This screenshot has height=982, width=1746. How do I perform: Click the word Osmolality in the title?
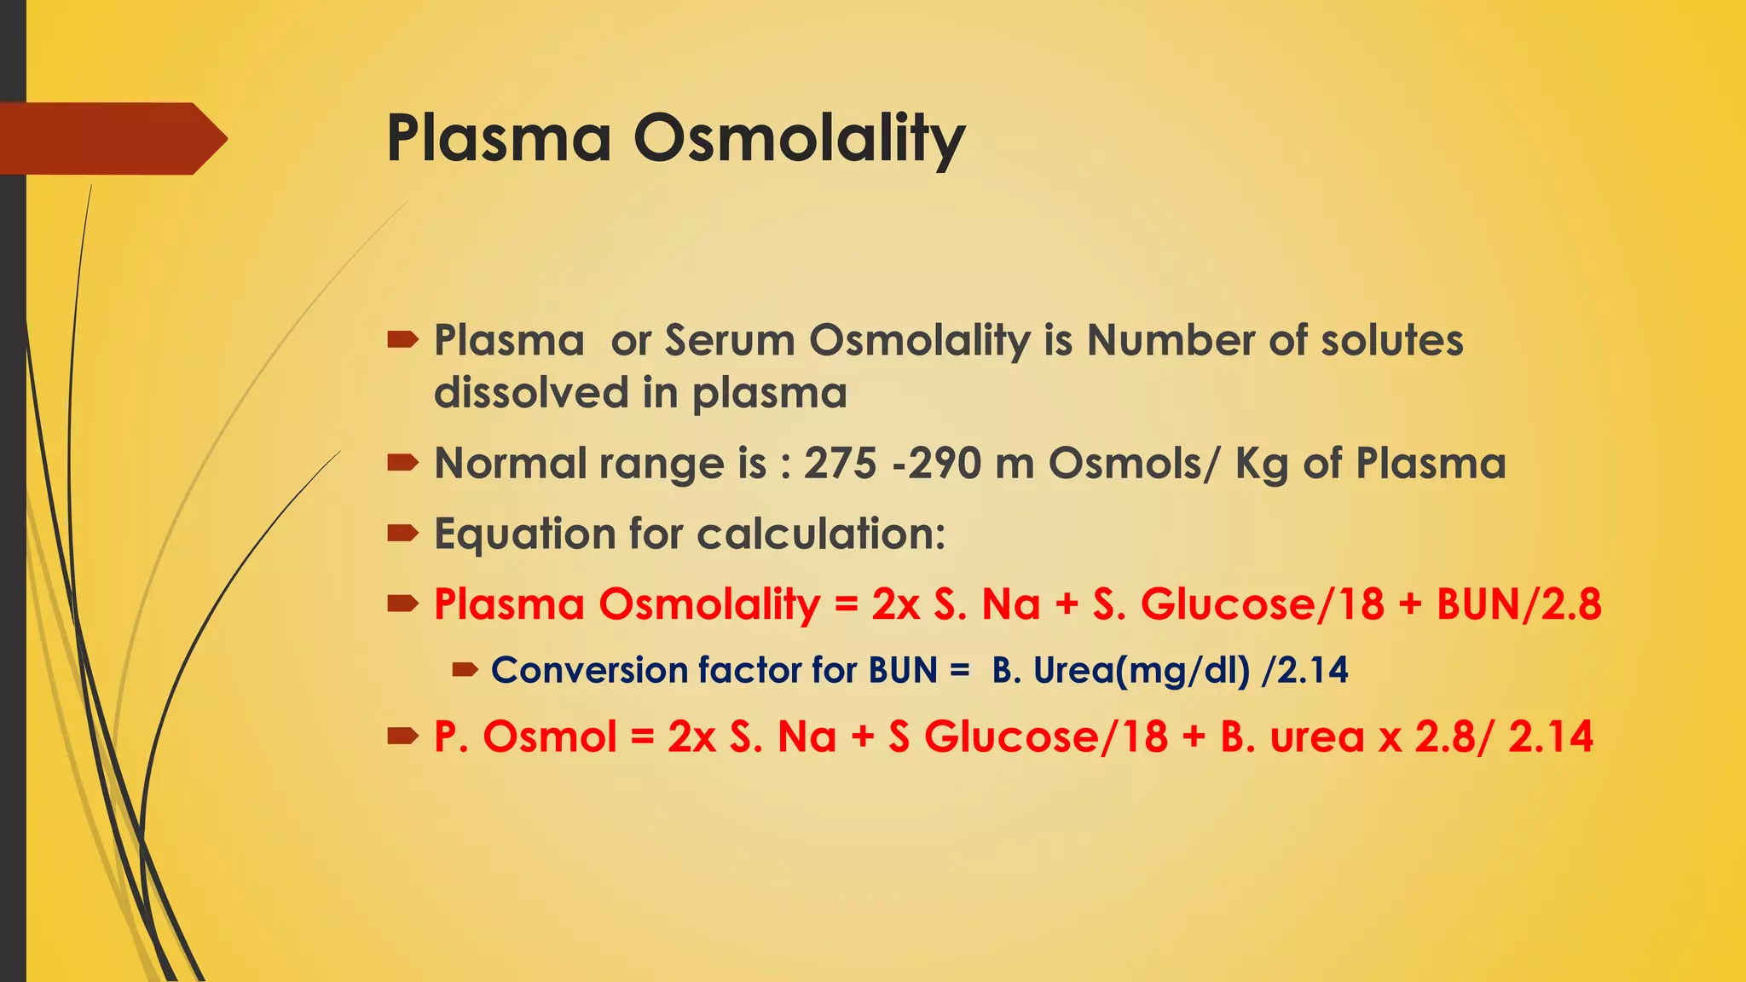point(799,138)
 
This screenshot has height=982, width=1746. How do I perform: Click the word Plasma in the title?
point(499,138)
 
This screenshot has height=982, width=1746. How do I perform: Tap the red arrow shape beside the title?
point(111,138)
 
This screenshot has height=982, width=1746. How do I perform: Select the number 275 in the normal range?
point(840,464)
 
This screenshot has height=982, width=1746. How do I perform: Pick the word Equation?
point(525,535)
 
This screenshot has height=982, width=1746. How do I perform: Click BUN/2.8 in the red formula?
point(1518,604)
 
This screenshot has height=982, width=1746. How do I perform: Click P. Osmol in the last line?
point(524,736)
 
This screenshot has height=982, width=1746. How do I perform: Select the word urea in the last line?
point(1317,737)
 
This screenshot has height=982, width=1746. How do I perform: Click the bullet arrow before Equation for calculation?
point(402,534)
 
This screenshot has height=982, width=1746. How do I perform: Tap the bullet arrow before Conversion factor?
point(465,671)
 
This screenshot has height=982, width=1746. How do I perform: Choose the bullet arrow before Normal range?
point(402,464)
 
